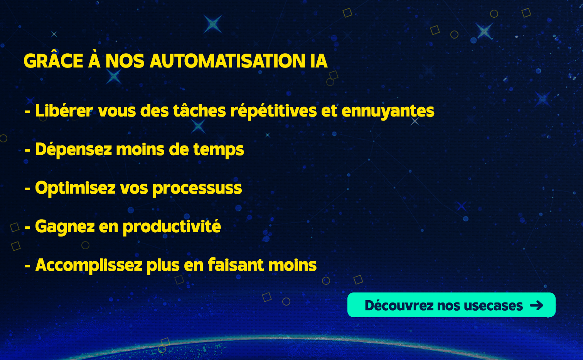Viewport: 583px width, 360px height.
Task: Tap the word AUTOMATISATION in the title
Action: click(227, 61)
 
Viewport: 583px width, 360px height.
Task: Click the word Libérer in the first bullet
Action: click(64, 110)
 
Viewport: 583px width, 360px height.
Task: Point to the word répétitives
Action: click(273, 111)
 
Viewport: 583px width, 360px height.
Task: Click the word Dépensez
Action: click(73, 150)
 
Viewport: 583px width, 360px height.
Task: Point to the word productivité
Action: click(172, 226)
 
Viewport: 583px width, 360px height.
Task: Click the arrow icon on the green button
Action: click(536, 305)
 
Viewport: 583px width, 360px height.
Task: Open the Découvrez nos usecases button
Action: click(451, 305)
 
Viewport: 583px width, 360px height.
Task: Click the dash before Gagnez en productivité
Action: click(28, 228)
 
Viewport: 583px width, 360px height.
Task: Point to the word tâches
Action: click(199, 110)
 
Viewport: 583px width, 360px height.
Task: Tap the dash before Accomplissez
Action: click(28, 266)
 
